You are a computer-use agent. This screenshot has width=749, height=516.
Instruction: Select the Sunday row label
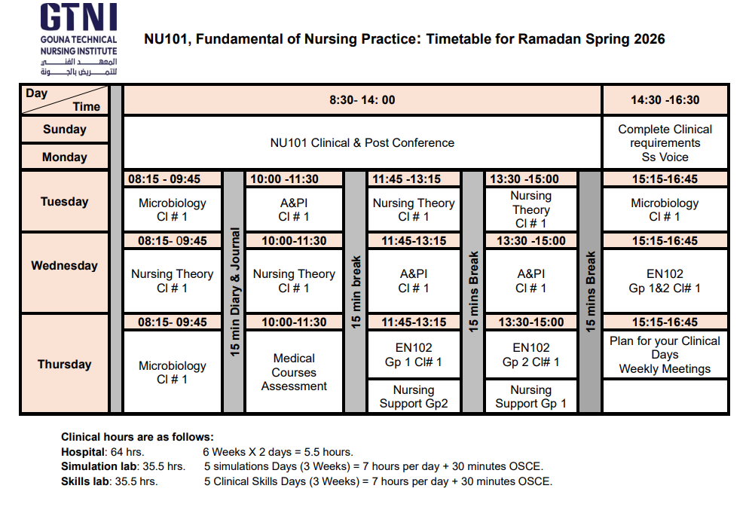(x=65, y=130)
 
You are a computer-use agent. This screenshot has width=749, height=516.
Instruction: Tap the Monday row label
(x=65, y=157)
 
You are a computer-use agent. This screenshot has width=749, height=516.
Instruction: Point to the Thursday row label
(x=65, y=365)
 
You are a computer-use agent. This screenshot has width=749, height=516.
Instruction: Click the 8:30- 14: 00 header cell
(x=362, y=100)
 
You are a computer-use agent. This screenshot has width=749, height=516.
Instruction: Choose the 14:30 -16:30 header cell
(x=665, y=100)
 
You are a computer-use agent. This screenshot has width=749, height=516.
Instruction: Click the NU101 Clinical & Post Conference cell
(x=362, y=142)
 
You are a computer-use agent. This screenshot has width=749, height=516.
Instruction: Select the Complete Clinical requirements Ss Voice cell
(x=665, y=142)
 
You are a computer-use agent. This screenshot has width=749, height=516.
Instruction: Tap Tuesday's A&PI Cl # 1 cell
(x=294, y=210)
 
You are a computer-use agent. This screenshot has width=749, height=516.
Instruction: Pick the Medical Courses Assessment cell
(x=294, y=372)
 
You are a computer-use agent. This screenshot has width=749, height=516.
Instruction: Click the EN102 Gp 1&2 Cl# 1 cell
(x=665, y=281)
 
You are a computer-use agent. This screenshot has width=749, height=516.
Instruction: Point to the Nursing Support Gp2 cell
(x=413, y=397)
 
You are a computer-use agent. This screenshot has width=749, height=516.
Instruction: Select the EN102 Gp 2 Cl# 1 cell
(x=530, y=355)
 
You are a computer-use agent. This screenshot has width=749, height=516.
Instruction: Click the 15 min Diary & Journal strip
(x=234, y=292)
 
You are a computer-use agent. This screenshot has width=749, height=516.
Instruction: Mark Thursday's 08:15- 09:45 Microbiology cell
(x=172, y=372)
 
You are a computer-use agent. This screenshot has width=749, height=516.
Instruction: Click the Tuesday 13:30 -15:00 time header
(x=530, y=179)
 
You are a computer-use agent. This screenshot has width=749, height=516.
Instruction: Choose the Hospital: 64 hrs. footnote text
(x=102, y=452)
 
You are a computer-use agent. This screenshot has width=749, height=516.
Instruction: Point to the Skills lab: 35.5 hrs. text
(x=109, y=481)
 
